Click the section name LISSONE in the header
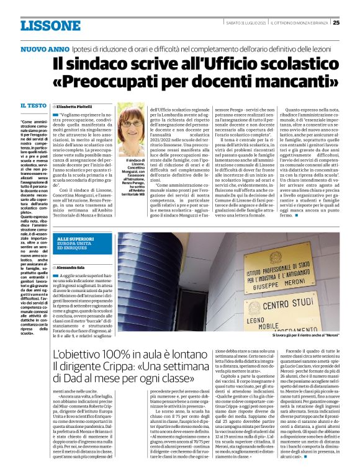pyautogui.click(x=50, y=25)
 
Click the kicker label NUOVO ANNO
pyautogui.click(x=44, y=48)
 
